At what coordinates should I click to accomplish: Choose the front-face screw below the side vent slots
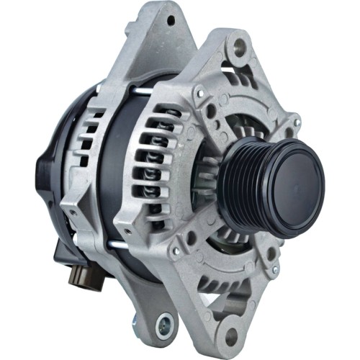pos(175,251)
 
